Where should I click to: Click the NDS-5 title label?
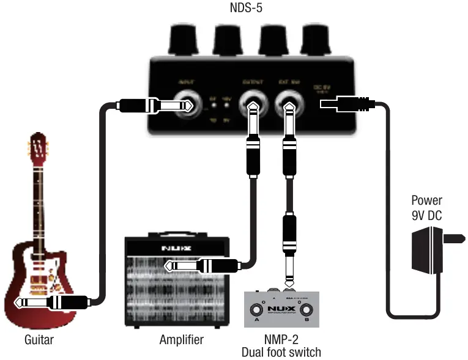234,9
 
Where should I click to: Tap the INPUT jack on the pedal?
183,105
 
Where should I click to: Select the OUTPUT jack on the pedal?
251,105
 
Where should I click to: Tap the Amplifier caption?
181,340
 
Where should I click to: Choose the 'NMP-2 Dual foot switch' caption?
281,345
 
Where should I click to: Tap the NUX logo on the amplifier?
176,248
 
